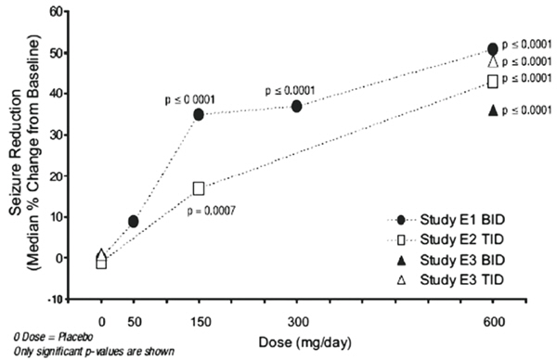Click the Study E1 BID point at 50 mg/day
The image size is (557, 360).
[x=133, y=222]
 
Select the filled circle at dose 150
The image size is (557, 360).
[x=199, y=115]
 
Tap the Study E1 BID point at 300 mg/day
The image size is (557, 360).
[x=297, y=106]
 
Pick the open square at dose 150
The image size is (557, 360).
[x=199, y=188]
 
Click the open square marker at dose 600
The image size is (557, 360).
[x=493, y=82]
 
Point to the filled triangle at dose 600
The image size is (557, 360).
[x=493, y=110]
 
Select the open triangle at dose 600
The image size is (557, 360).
[x=493, y=62]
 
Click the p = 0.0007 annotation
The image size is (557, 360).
[x=211, y=212]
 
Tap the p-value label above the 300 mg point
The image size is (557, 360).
[x=290, y=91]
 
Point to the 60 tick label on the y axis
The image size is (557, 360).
[x=58, y=12]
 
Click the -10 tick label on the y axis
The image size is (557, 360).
[x=55, y=300]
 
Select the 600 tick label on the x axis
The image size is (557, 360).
[x=494, y=322]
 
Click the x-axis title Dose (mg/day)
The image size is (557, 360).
[x=304, y=342]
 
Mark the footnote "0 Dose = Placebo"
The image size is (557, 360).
[x=53, y=336]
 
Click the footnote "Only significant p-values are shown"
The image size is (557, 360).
[x=94, y=352]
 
